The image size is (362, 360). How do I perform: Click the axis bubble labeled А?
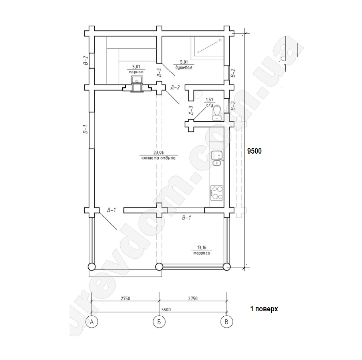point(91,322)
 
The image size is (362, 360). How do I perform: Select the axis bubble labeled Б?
point(159,322)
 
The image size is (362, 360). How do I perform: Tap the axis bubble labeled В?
point(227,322)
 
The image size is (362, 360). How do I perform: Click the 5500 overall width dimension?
point(166,309)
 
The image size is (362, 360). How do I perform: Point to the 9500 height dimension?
point(255,151)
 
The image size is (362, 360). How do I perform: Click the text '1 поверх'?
point(264,309)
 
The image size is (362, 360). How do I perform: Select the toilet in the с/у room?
point(217,112)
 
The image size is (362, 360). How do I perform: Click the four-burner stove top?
point(217,193)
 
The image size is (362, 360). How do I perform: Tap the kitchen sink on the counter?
point(217,158)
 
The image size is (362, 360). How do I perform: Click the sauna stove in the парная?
point(137,80)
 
